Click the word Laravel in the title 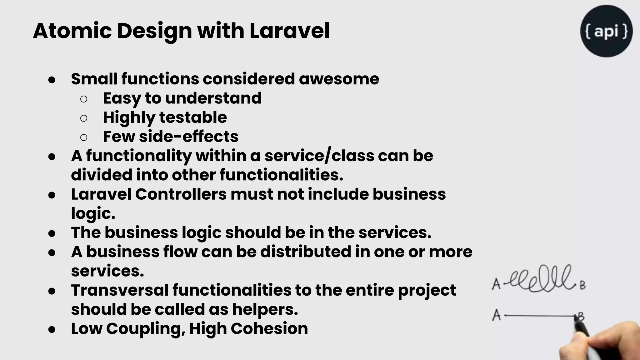[x=289, y=31]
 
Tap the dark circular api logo [x=606, y=31]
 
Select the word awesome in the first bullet [x=339, y=79]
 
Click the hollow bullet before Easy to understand [x=84, y=99]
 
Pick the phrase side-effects [x=188, y=137]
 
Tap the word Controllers [x=181, y=194]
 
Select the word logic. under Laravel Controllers [x=93, y=213]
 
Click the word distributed [x=306, y=252]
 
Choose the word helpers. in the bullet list [x=265, y=309]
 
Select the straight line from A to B [x=539, y=316]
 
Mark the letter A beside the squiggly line [x=496, y=284]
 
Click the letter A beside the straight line [x=496, y=315]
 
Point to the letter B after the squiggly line [x=582, y=285]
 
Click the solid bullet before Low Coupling [x=52, y=329]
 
